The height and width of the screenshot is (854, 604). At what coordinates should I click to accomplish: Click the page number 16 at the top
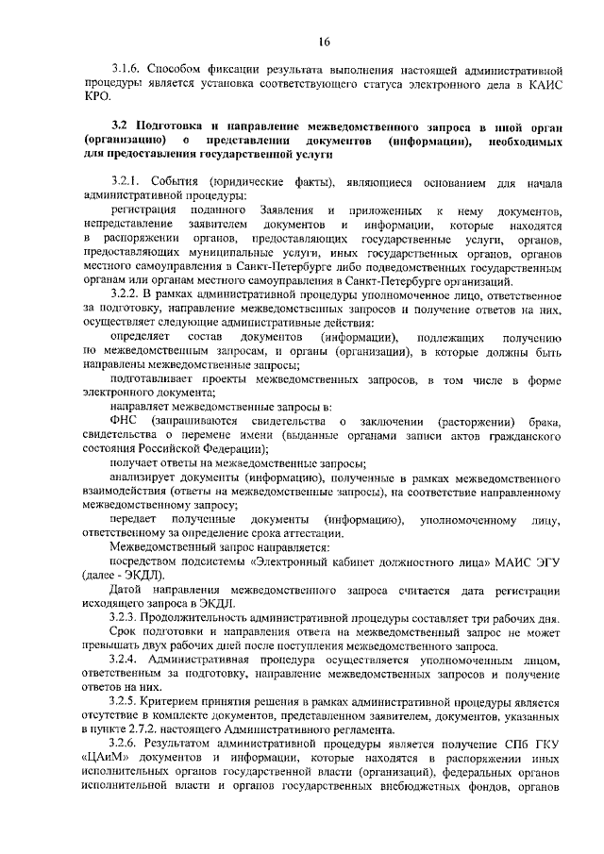[x=324, y=41]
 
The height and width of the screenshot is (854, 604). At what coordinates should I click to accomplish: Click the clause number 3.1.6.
[x=127, y=70]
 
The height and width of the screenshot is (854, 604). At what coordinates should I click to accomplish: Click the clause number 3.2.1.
[x=128, y=180]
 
